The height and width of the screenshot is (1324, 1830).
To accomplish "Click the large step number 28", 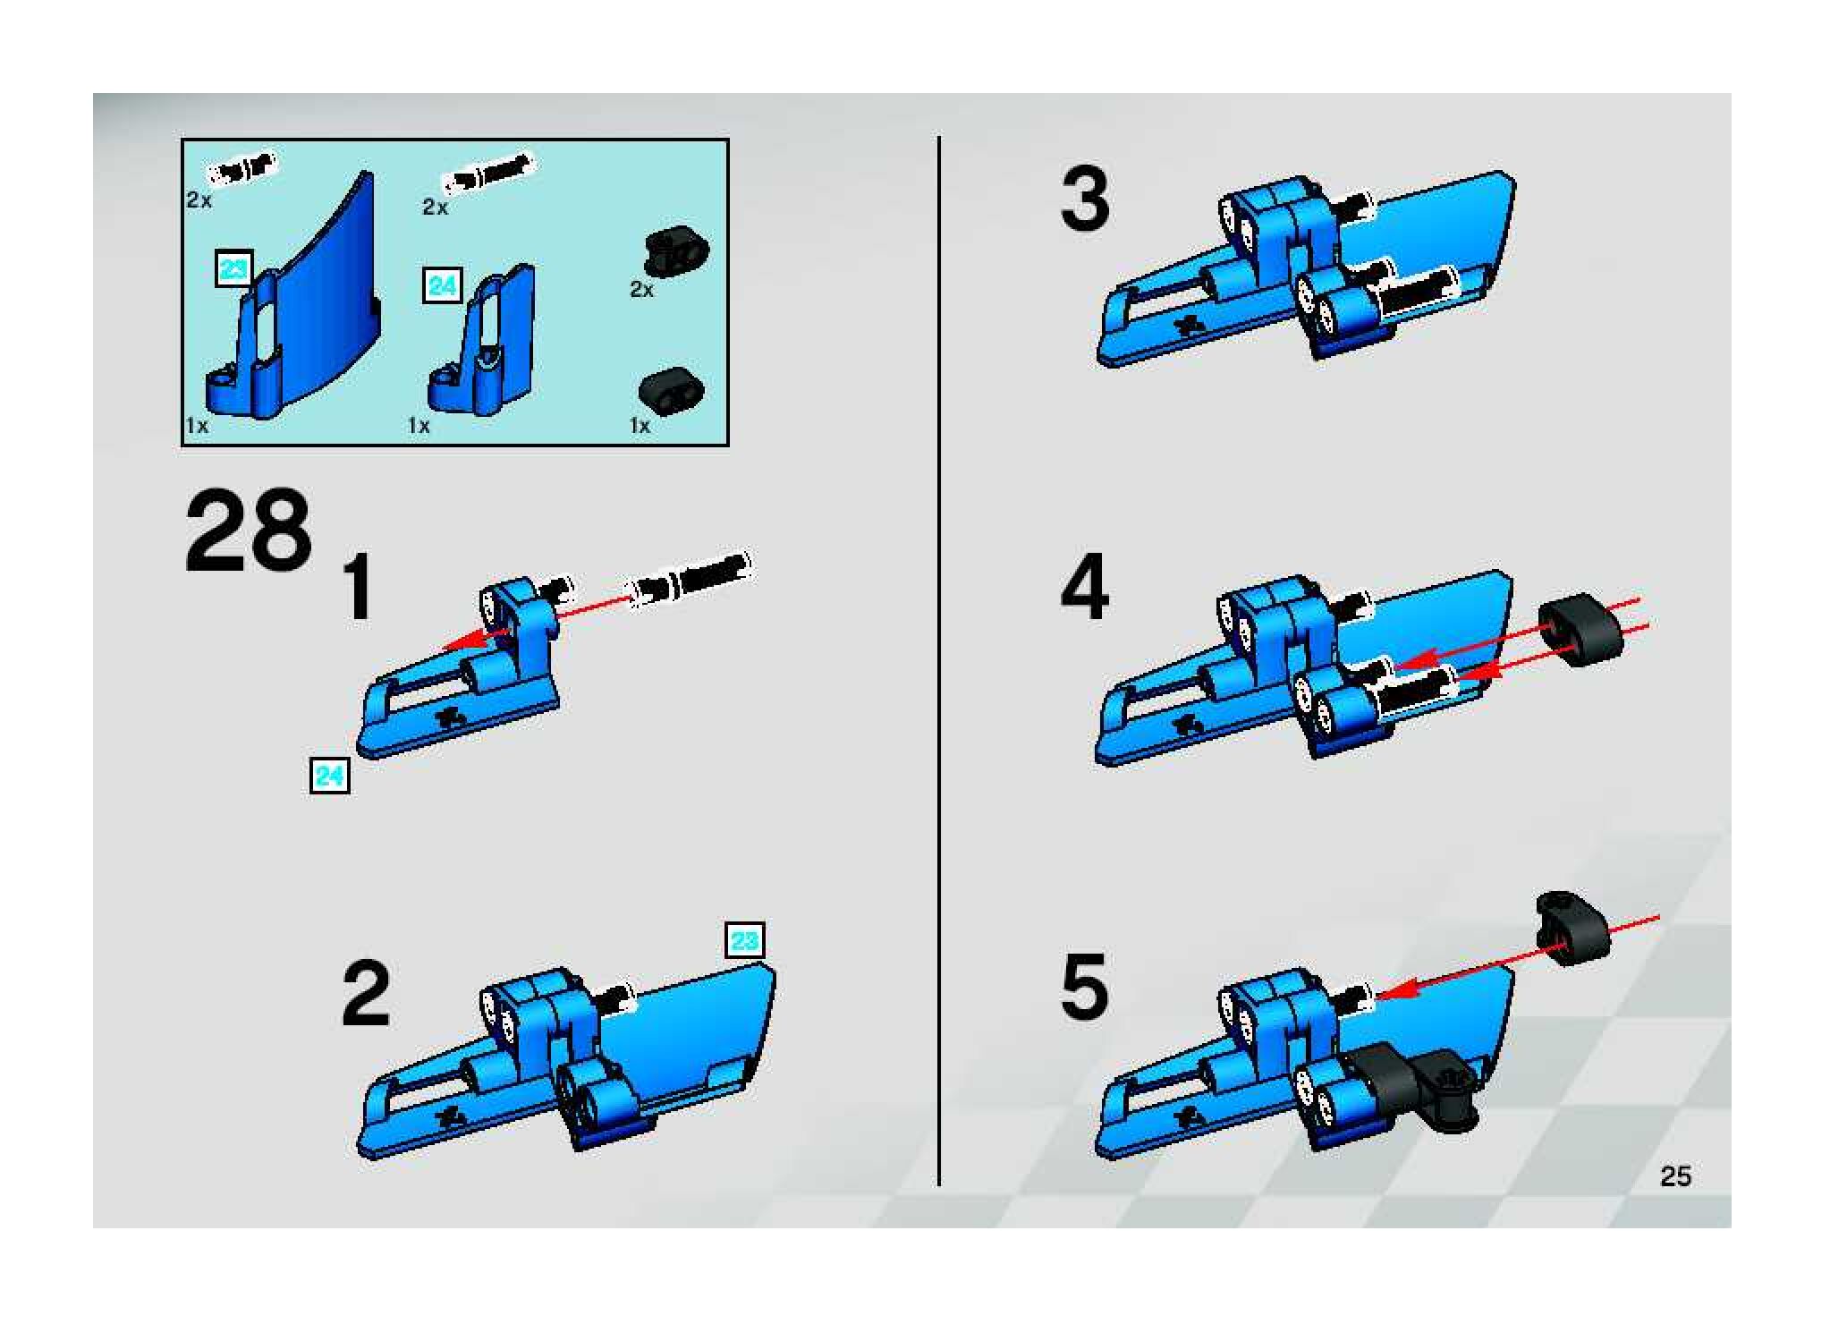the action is click(x=248, y=531).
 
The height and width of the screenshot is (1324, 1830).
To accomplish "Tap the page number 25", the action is click(x=1675, y=1176).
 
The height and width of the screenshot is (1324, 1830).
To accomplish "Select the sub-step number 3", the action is click(x=1085, y=200).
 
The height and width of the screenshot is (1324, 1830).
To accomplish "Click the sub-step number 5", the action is click(x=1085, y=987).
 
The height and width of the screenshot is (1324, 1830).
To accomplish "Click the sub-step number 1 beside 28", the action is click(x=359, y=587).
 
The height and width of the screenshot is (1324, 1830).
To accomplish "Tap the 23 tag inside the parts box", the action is click(x=234, y=268).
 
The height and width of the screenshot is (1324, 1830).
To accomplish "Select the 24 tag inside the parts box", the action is click(x=443, y=286).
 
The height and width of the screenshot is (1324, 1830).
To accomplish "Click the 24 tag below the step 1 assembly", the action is click(x=329, y=775).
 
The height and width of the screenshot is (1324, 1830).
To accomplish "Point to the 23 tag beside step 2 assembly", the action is click(x=746, y=941).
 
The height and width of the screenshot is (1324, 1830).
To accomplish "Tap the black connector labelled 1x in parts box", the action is click(x=671, y=390).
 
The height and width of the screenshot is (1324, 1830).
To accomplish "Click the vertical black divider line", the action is click(x=938, y=661).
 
